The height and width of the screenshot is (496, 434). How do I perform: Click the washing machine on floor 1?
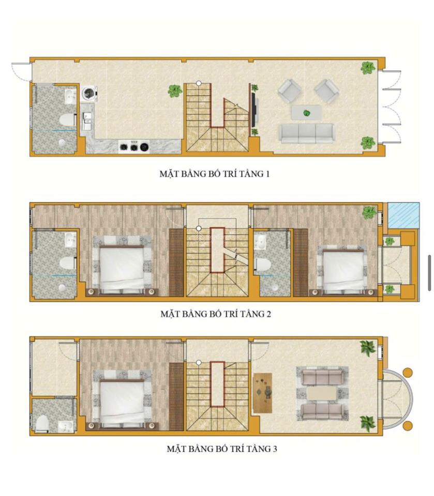pos(89,94)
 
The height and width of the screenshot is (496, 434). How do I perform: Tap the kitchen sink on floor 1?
pos(86,120)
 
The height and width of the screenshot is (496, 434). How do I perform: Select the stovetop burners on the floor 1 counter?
pos(134,146)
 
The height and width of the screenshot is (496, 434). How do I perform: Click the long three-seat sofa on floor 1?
pos(306,133)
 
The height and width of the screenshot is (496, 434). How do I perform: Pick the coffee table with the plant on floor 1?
pos(306,113)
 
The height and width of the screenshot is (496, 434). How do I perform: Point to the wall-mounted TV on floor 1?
pos(253,109)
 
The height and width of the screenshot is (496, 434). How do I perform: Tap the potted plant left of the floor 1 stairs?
pos(175,91)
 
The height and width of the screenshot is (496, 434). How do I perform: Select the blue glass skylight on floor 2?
pos(404,215)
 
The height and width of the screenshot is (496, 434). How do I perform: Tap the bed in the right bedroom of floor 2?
pos(343,269)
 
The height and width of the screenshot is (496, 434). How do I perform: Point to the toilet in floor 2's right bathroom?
pos(262,265)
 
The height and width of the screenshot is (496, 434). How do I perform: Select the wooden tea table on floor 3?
pos(263,393)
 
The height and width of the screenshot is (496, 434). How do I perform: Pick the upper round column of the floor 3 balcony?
pos(408,373)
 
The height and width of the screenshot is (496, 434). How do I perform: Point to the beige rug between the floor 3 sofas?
pos(322,394)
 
